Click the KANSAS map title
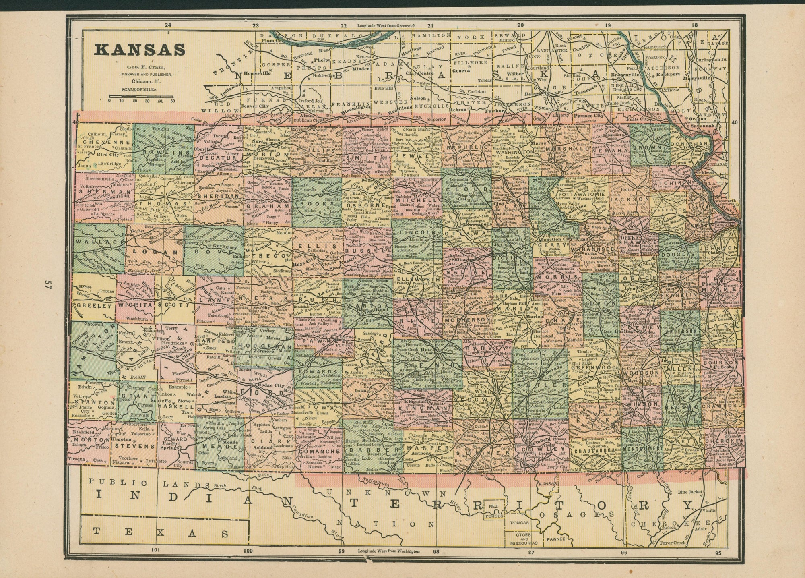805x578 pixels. pos(139,49)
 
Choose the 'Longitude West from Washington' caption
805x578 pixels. pos(388,551)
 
